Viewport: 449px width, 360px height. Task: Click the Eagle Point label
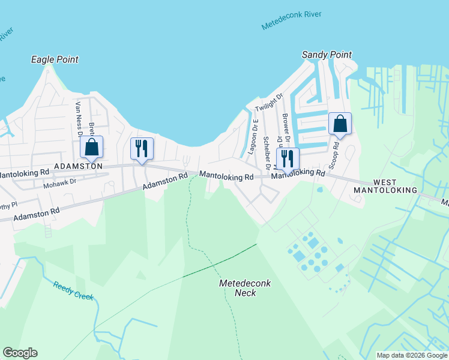pyautogui.click(x=55, y=59)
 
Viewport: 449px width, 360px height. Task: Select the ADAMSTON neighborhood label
pyautogui.click(x=78, y=166)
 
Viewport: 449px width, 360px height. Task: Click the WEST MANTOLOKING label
pyautogui.click(x=394, y=185)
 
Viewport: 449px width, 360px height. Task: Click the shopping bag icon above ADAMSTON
pyautogui.click(x=91, y=146)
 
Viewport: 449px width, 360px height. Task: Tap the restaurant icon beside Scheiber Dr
pyautogui.click(x=287, y=159)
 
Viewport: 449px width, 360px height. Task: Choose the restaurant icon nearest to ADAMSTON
pyautogui.click(x=142, y=148)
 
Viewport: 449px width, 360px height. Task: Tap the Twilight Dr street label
pyautogui.click(x=268, y=103)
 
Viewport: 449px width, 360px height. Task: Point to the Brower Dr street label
pyautogui.click(x=286, y=127)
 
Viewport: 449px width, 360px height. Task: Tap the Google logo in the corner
pyautogui.click(x=20, y=353)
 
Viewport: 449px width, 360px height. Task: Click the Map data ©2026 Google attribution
pyautogui.click(x=411, y=355)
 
